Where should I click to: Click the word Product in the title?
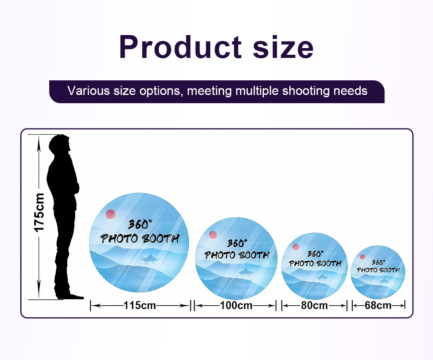(x=180, y=47)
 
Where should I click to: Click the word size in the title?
(x=283, y=47)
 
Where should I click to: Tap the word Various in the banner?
(x=89, y=91)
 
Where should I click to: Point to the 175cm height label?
(x=39, y=213)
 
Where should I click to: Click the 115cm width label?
(x=140, y=305)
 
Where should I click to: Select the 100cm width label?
(x=236, y=305)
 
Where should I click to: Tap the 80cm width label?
(x=314, y=305)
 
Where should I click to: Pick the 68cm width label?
(x=378, y=305)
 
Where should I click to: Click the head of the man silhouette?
(x=60, y=145)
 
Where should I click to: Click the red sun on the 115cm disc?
(x=111, y=214)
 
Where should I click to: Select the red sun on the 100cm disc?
(x=213, y=235)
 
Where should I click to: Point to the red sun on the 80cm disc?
(x=296, y=247)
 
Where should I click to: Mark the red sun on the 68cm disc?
(x=362, y=257)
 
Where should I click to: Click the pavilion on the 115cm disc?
(x=150, y=259)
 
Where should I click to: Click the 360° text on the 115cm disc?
(x=140, y=225)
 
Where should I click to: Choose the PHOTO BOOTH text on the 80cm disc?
(x=315, y=264)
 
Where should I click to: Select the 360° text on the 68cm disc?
(x=378, y=262)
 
